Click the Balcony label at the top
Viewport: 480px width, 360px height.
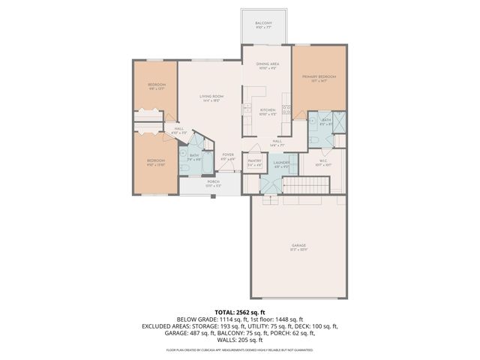pyautogui.click(x=262, y=24)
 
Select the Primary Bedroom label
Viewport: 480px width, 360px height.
pyautogui.click(x=319, y=77)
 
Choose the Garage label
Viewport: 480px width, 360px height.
pyautogui.click(x=298, y=246)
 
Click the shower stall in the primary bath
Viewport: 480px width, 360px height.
pyautogui.click(x=337, y=120)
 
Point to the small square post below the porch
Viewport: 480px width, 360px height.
pyautogui.click(x=213, y=196)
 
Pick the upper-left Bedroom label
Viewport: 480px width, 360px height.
pyautogui.click(x=156, y=85)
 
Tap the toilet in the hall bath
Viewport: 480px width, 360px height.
pyautogui.click(x=184, y=169)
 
